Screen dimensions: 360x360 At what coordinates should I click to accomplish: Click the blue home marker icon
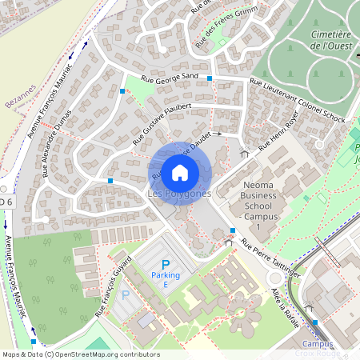tap(180, 172)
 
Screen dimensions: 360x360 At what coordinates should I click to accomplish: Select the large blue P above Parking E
tap(166, 265)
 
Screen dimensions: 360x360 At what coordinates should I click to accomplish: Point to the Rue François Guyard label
tap(112, 291)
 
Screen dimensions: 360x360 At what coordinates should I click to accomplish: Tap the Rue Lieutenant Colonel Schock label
tap(297, 100)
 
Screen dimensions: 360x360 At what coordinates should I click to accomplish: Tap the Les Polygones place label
tap(180, 194)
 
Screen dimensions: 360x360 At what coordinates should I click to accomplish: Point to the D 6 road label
tap(6, 202)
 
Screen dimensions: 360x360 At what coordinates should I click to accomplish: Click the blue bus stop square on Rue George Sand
tap(209, 78)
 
